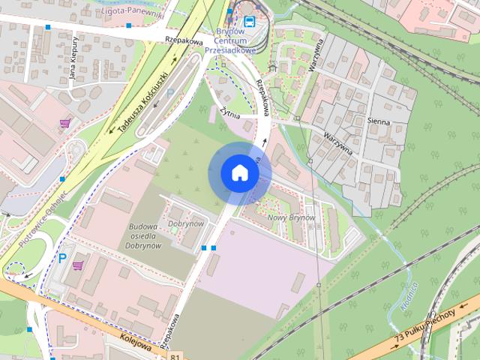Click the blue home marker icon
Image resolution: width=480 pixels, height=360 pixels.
239,173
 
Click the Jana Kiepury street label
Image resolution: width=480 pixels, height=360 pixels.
74,65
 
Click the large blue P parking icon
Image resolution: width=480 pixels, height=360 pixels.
61,259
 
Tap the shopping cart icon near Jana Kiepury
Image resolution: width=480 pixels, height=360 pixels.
64,122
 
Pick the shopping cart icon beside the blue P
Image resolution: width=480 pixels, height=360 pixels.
78,265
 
